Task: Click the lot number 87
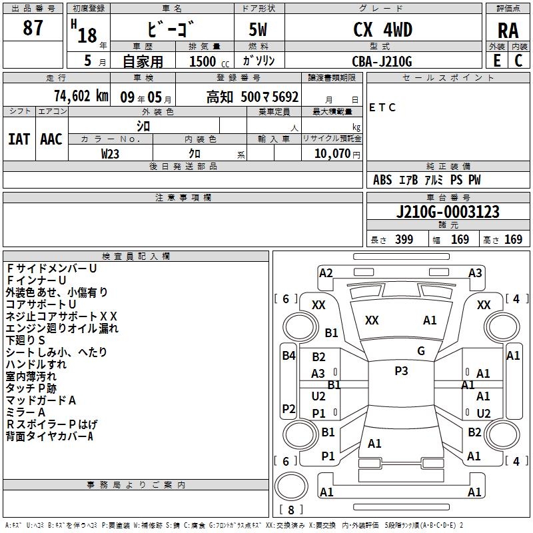[33, 29]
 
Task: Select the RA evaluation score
[508, 30]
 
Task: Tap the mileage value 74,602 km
[80, 96]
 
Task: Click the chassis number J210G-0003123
[447, 212]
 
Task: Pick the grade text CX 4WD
[382, 30]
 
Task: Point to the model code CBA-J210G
[382, 61]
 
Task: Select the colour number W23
[111, 153]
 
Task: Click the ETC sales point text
[382, 107]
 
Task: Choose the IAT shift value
[19, 139]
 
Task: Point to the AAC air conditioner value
[51, 139]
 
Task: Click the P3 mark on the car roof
[401, 371]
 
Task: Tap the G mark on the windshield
[420, 351]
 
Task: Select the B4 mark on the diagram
[288, 355]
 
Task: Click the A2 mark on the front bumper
[326, 272]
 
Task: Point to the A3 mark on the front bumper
[475, 272]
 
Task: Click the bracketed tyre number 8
[290, 510]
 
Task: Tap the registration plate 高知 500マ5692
[253, 97]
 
